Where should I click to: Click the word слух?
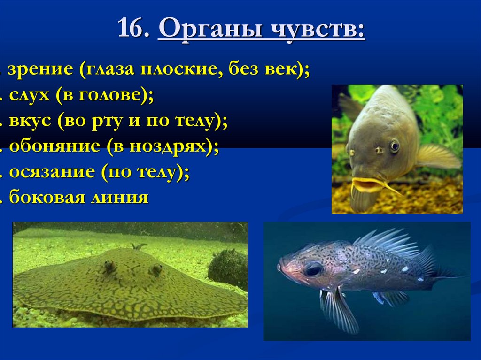click(29, 96)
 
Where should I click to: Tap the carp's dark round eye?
click(395, 146)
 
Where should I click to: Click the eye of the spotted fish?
click(313, 269)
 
